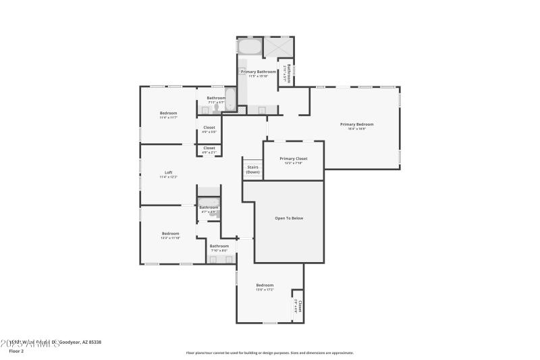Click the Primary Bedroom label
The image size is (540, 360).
(x=356, y=124)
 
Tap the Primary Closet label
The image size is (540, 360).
(x=293, y=159)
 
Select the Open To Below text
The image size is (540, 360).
(x=288, y=218)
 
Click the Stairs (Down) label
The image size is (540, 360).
(x=252, y=169)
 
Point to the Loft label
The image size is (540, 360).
(x=168, y=172)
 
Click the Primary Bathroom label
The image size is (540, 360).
(x=258, y=72)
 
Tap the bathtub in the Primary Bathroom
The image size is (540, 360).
(x=250, y=47)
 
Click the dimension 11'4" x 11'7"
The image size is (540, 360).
(x=168, y=118)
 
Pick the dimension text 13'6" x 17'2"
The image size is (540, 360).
(x=265, y=290)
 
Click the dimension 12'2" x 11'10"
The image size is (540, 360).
(x=170, y=238)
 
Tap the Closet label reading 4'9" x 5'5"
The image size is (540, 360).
(x=209, y=132)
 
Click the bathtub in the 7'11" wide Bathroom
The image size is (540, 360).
(x=230, y=101)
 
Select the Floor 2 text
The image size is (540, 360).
(x=16, y=351)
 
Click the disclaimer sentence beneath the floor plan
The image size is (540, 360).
(x=269, y=353)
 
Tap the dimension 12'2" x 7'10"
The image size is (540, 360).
(x=293, y=163)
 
